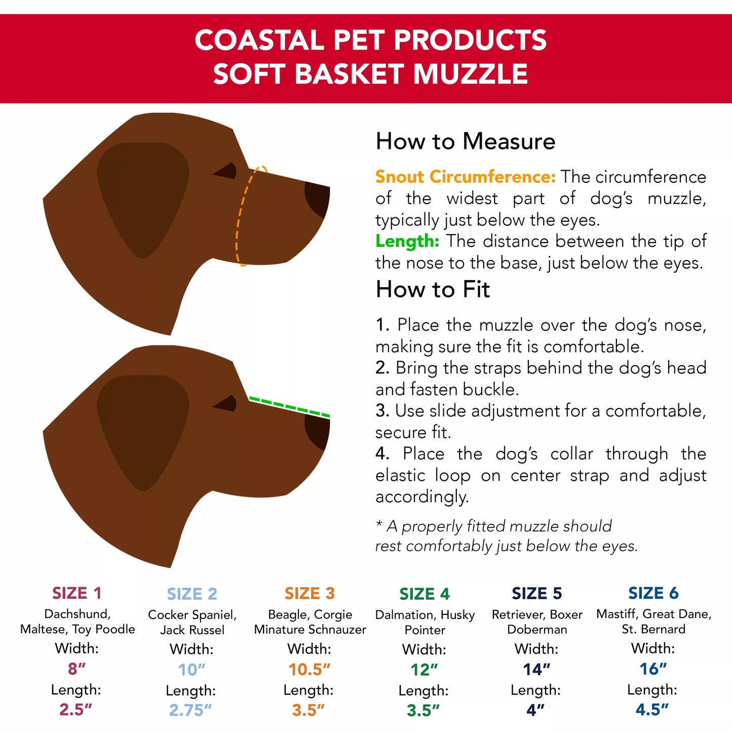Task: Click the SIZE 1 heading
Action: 77,593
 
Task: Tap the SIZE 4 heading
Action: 425,594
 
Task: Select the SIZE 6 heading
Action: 653,593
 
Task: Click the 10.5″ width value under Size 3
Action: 309,669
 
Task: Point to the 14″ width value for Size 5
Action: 536,669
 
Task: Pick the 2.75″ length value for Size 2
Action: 190,710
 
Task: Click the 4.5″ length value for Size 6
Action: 652,709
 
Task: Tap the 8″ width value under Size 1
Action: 77,669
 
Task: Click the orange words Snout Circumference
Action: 465,177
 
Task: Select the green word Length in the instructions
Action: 407,241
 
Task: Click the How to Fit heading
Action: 433,290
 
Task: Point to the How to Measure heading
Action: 465,141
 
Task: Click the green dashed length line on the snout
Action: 289,407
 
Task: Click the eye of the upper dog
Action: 227,171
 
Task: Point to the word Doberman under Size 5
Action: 537,629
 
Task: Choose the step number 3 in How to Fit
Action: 381,411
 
